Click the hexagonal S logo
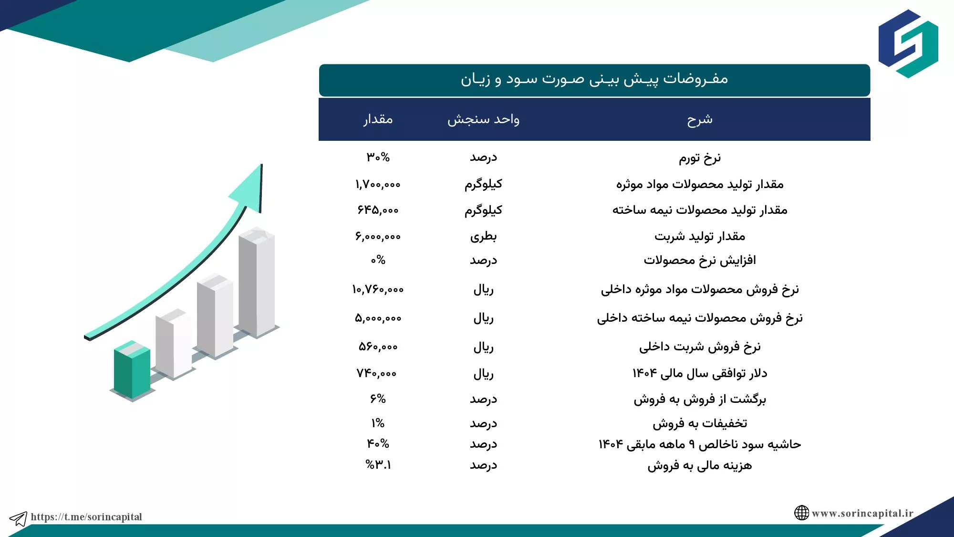pyautogui.click(x=908, y=44)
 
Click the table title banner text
pyautogui.click(x=594, y=79)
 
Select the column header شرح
pyautogui.click(x=700, y=119)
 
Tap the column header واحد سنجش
pyautogui.click(x=483, y=119)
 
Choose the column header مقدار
pyautogui.click(x=378, y=119)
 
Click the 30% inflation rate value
pyautogui.click(x=378, y=157)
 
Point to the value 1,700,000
pyautogui.click(x=378, y=184)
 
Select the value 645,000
pyautogui.click(x=378, y=210)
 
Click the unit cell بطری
pyautogui.click(x=483, y=236)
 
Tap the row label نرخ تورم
pyautogui.click(x=700, y=158)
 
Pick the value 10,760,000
pyautogui.click(x=378, y=289)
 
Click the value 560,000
pyautogui.click(x=378, y=347)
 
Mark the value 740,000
pyautogui.click(x=377, y=373)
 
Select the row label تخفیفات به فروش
pyautogui.click(x=700, y=423)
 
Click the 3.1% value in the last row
pyautogui.click(x=378, y=464)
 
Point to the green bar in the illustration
pyautogui.click(x=132, y=370)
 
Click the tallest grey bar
pyautogui.click(x=257, y=282)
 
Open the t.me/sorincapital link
pyautogui.click(x=86, y=517)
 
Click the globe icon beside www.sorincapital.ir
pyautogui.click(x=801, y=513)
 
